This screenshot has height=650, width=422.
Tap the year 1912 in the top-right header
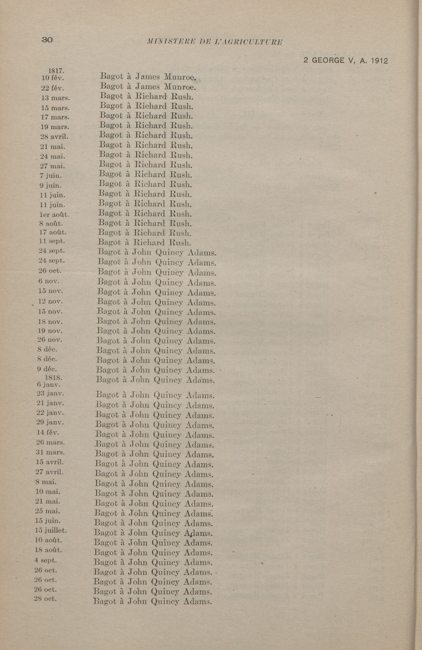click(x=379, y=61)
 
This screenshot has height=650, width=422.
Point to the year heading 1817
click(x=56, y=71)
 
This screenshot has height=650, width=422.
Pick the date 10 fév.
click(x=52, y=78)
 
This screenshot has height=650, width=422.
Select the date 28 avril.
click(x=54, y=136)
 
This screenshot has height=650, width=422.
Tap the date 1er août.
click(x=54, y=215)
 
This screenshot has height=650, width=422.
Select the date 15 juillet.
click(x=51, y=530)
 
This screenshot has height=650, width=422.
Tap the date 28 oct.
click(x=45, y=599)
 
